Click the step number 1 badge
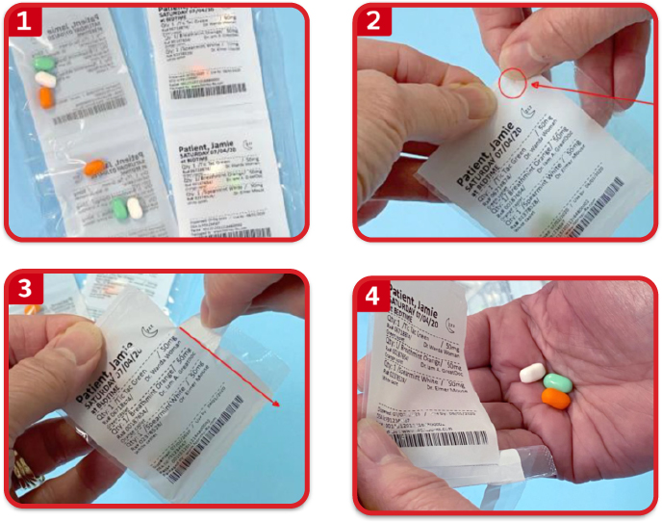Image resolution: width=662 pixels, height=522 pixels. pyautogui.click(x=26, y=21)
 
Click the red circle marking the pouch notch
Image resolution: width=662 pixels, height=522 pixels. pyautogui.click(x=513, y=84)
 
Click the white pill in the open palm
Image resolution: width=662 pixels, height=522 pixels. pyautogui.click(x=532, y=373)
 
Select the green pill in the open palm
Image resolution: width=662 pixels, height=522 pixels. pyautogui.click(x=555, y=382)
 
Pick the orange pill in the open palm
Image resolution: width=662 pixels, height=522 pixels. pyautogui.click(x=555, y=398)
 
